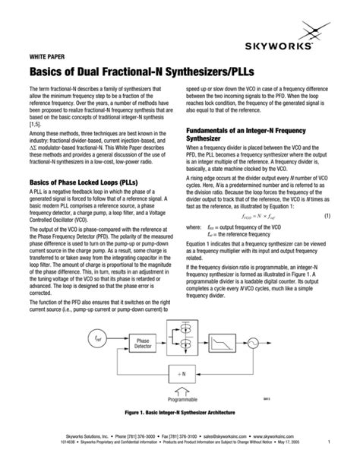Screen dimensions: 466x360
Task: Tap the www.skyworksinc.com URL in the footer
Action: point(301,436)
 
